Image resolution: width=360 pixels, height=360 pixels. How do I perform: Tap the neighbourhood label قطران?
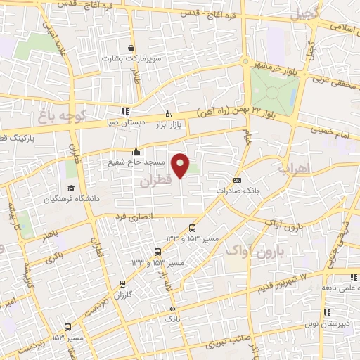155,181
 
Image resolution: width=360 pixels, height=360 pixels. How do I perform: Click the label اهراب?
294,169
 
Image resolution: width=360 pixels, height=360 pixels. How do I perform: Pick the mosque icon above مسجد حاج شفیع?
136,151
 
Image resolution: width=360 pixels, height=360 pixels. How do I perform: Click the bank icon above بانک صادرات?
236,179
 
